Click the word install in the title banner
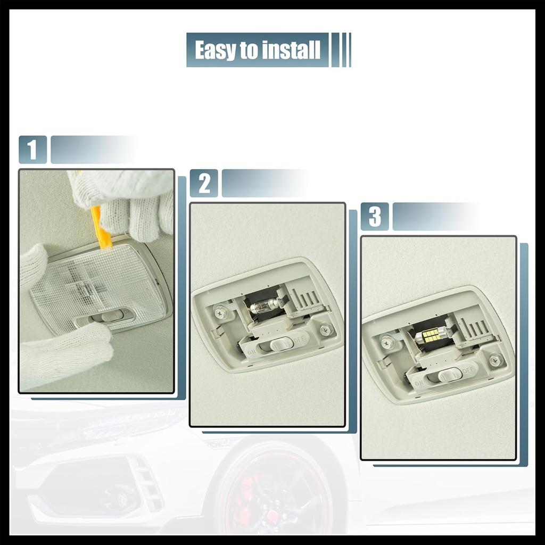(x=291, y=50)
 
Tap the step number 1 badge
(x=32, y=150)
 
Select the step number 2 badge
(x=204, y=183)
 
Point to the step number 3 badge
(x=375, y=217)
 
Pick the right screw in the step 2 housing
(x=326, y=330)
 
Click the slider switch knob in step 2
(x=280, y=344)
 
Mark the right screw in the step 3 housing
(x=496, y=360)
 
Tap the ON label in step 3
(x=419, y=382)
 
